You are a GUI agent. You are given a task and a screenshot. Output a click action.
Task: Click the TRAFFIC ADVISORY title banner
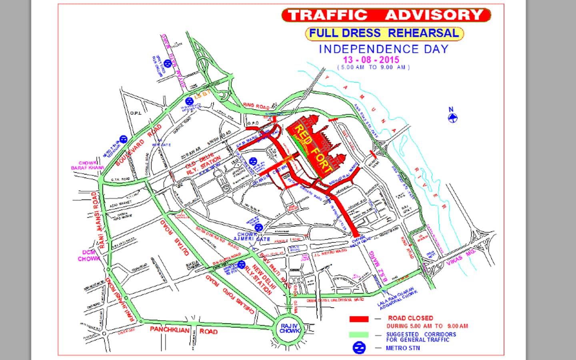(x=386, y=15)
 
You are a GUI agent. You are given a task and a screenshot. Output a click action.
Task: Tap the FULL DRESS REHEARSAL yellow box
(x=384, y=33)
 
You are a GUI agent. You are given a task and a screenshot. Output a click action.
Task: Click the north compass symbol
(x=452, y=117)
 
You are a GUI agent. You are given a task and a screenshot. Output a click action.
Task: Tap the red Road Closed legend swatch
(x=359, y=319)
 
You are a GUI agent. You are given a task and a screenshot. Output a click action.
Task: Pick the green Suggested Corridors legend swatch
(x=359, y=335)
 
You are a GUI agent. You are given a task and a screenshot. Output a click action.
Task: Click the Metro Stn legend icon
(x=359, y=348)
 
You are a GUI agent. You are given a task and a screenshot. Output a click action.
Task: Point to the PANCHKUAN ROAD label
(x=184, y=331)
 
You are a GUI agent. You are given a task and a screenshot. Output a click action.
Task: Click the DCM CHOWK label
(x=89, y=256)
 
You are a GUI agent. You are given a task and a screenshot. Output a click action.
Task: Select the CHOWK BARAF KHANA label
(x=88, y=166)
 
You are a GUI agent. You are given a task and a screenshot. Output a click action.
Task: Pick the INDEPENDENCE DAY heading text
(x=384, y=49)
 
